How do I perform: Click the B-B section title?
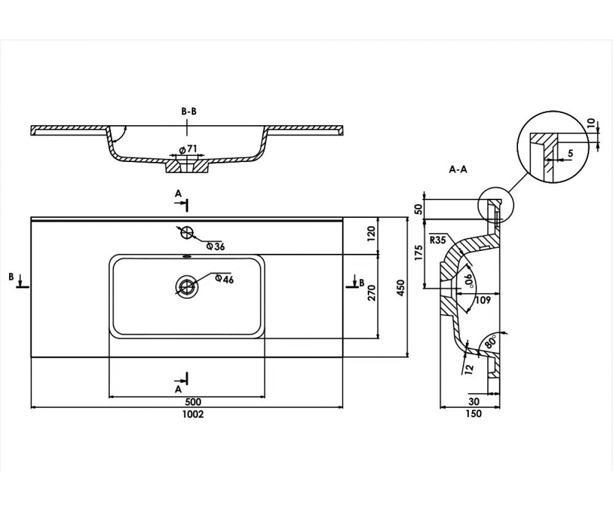pyautogui.click(x=189, y=111)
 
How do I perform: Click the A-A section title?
pyautogui.click(x=458, y=170)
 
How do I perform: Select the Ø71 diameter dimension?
pyautogui.click(x=187, y=150)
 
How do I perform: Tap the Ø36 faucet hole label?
pyautogui.click(x=215, y=246)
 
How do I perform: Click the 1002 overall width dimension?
pyautogui.click(x=193, y=414)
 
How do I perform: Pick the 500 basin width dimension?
pyautogui.click(x=193, y=402)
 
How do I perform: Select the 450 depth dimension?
pyautogui.click(x=400, y=288)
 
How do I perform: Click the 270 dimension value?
pyautogui.click(x=372, y=292)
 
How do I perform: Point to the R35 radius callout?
pyautogui.click(x=438, y=240)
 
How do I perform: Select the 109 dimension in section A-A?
pyautogui.click(x=483, y=300)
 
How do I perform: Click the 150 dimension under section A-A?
pyautogui.click(x=474, y=413)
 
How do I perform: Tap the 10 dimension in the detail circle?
pyautogui.click(x=591, y=123)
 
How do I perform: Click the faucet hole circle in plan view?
pyautogui.click(x=187, y=233)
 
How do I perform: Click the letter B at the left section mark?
pyautogui.click(x=11, y=276)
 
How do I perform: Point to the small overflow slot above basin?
pyautogui.click(x=187, y=257)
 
